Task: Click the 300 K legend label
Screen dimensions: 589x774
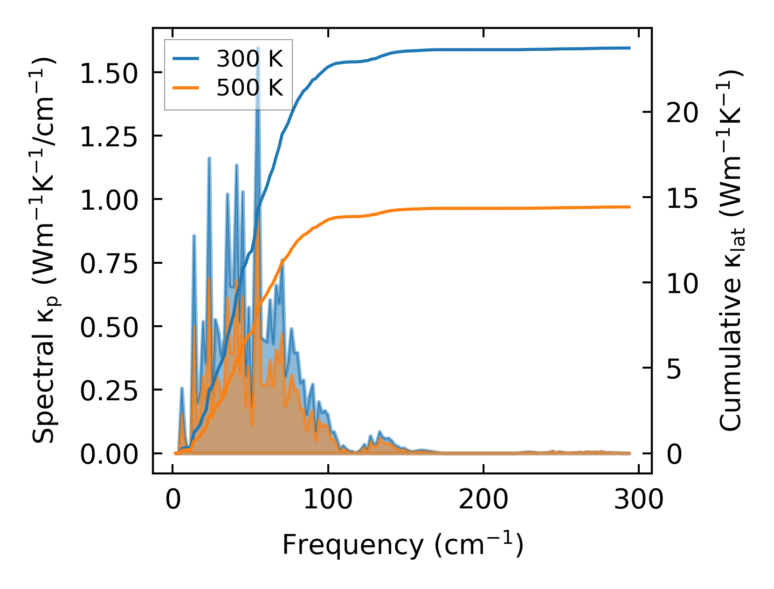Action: tap(249, 59)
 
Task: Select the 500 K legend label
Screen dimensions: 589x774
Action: tap(249, 88)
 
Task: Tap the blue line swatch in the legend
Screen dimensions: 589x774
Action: tap(186, 59)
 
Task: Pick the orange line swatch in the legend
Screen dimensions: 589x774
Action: tap(186, 88)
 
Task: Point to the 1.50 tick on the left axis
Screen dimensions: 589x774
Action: tap(109, 74)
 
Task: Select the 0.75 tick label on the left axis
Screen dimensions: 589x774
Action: tap(109, 264)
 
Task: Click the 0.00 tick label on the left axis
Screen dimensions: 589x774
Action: tap(109, 454)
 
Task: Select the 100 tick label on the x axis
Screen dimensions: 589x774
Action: tap(328, 500)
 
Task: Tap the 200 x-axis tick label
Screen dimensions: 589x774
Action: tap(483, 500)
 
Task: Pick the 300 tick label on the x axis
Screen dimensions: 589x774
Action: tap(638, 500)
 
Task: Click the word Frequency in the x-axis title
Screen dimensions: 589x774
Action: tap(352, 544)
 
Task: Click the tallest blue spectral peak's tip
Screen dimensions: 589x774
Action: tap(258, 48)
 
